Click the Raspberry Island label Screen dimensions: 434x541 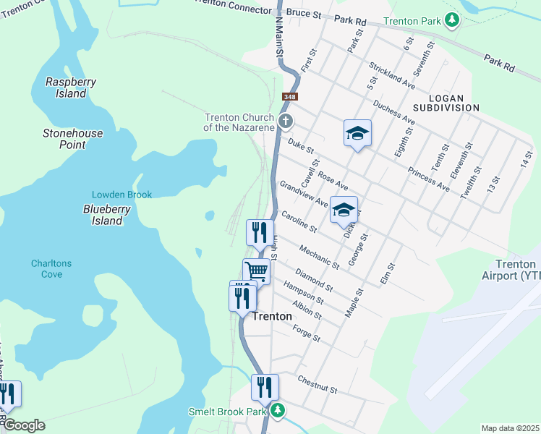point(71,88)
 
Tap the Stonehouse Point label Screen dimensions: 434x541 point(73,139)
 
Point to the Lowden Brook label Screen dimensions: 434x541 point(122,195)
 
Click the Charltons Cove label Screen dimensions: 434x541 point(51,269)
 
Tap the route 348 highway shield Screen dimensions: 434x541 point(290,97)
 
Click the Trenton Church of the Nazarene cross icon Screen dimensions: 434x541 point(286,120)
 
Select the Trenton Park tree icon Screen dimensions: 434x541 point(452,20)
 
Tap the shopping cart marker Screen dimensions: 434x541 point(257,272)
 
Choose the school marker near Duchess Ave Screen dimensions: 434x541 point(357,133)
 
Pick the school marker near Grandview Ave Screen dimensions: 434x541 point(344,210)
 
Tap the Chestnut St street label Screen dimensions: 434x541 point(318,383)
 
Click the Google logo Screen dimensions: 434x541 point(23,425)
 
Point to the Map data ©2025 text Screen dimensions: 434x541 point(510,428)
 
